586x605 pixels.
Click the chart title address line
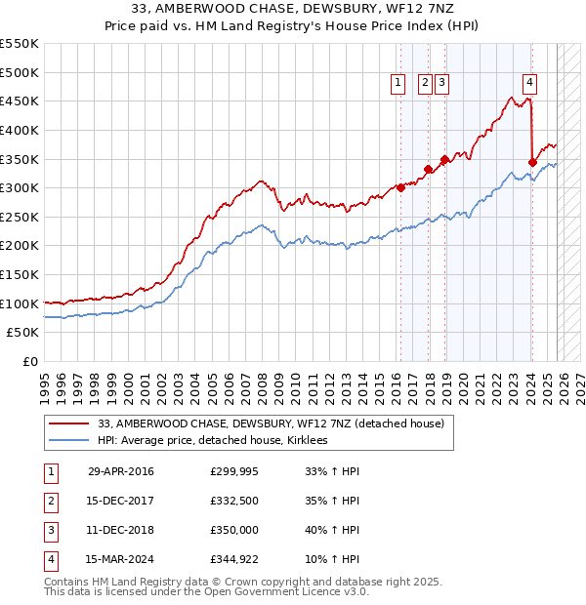point(292,9)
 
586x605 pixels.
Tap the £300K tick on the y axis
point(20,187)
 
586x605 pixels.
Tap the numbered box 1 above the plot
point(399,84)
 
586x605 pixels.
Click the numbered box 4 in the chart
point(529,84)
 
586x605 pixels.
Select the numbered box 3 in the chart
point(441,84)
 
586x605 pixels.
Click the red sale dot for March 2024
point(532,162)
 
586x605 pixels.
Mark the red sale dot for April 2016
point(400,188)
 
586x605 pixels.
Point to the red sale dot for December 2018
point(444,159)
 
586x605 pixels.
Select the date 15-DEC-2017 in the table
point(120,501)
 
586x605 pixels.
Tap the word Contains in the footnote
point(68,582)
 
